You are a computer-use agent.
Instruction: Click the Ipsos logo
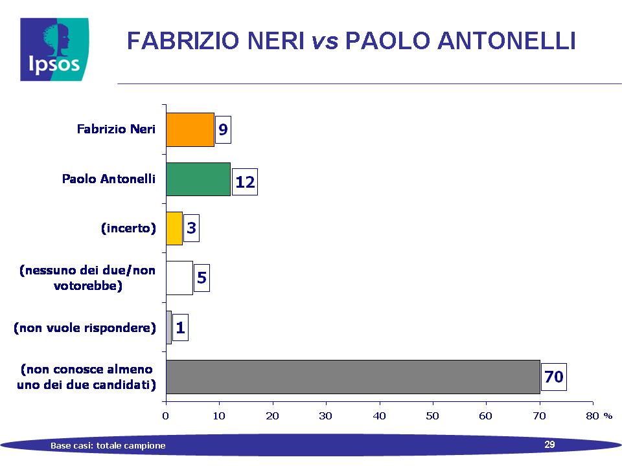coord(54,50)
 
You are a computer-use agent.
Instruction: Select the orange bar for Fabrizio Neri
coord(190,129)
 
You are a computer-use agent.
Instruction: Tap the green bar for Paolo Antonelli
coord(198,179)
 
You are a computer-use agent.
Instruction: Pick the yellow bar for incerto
coord(174,228)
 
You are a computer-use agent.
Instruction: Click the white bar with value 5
coord(179,278)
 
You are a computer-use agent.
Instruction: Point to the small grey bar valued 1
coord(169,327)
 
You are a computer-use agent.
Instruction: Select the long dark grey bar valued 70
coord(353,377)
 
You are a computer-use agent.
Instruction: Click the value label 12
coord(245,182)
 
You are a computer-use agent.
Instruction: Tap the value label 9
coord(223,129)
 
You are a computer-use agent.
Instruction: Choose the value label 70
coord(554,377)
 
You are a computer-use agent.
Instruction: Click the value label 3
coord(191,228)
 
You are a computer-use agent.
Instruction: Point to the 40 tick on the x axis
coord(379,416)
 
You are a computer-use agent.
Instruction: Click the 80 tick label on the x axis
coord(593,416)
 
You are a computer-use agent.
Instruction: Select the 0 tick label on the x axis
coord(165,416)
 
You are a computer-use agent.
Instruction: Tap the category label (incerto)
coord(128,228)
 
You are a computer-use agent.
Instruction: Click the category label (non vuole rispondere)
coord(85,327)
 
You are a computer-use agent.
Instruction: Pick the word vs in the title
coord(325,41)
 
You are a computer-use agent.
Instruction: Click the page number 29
coord(549,444)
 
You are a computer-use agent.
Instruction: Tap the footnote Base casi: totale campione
coord(108,445)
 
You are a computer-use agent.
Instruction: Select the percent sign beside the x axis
coord(608,416)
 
